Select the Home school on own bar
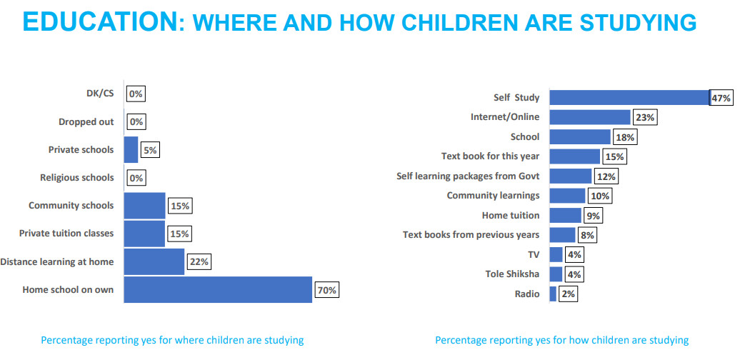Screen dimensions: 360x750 coord(218,289)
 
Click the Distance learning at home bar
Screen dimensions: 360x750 coord(154,261)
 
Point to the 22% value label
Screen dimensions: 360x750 coord(199,262)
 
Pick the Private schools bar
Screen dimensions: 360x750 coord(131,149)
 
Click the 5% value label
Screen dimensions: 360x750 coord(150,150)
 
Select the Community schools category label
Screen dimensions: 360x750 coord(71,206)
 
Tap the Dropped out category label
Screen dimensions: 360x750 coord(86,121)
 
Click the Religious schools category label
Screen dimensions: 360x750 coord(76,177)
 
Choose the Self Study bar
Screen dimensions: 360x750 coord(629,97)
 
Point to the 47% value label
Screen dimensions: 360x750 coord(721,98)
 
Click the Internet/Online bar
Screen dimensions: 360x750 coord(590,117)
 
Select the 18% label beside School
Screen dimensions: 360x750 coord(626,137)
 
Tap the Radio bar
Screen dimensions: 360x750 coord(553,294)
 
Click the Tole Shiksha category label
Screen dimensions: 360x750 coord(512,274)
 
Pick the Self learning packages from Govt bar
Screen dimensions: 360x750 coord(570,176)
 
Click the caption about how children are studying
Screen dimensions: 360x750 coord(561,340)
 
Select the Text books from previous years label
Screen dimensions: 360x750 coord(471,234)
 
